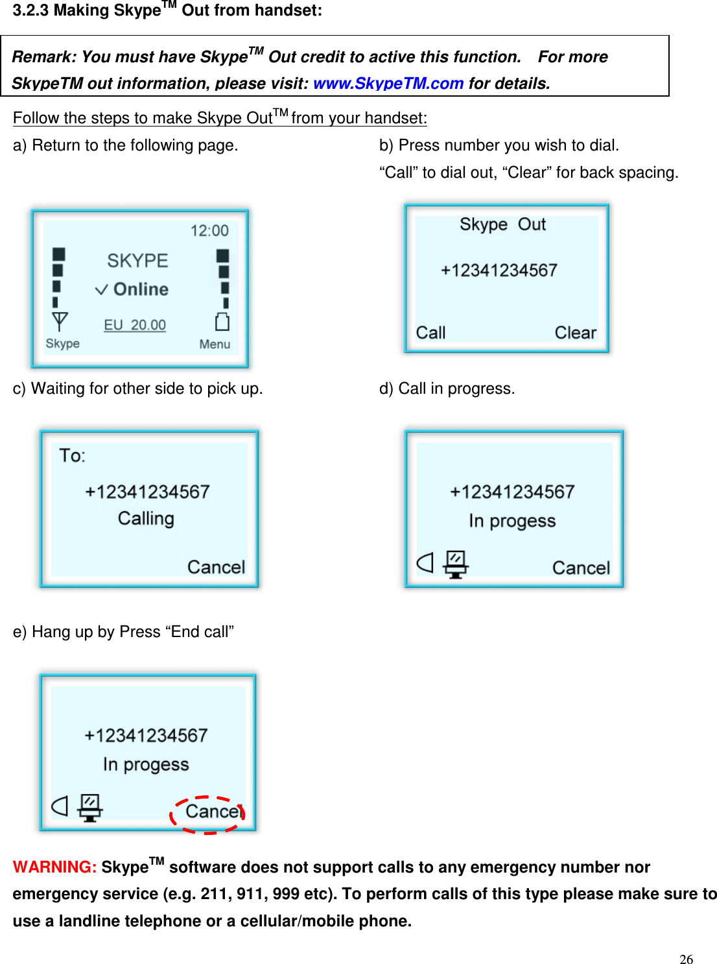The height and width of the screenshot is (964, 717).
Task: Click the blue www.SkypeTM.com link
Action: click(388, 84)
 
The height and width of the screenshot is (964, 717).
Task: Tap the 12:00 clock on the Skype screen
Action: click(209, 231)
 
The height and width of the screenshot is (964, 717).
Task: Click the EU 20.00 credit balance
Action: click(135, 325)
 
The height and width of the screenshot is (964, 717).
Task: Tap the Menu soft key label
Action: click(215, 344)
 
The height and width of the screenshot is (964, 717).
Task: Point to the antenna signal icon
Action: click(60, 322)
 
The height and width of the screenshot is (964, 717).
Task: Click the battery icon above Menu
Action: click(222, 322)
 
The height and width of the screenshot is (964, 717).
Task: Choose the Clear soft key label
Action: click(575, 333)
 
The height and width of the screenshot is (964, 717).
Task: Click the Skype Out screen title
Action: click(502, 224)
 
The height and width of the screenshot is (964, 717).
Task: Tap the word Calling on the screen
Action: click(146, 519)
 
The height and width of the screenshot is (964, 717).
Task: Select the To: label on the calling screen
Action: click(72, 456)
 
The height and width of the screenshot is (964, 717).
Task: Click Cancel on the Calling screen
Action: click(216, 568)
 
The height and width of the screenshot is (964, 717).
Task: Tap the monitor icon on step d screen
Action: click(456, 564)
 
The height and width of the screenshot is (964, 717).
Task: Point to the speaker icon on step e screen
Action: click(60, 806)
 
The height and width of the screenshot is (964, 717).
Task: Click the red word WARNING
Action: click(54, 867)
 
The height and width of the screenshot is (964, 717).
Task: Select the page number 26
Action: click(686, 959)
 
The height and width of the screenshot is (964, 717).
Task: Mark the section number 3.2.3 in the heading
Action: click(30, 11)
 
